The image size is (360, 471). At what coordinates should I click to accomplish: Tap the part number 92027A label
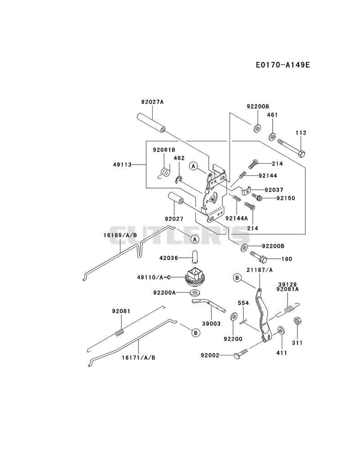(x=153, y=102)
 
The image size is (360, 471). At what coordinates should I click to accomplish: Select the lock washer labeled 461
(x=272, y=136)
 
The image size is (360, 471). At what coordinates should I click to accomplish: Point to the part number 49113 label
(x=122, y=165)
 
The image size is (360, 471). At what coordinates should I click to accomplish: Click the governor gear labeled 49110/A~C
(x=195, y=276)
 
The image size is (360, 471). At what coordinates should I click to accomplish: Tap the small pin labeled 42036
(x=195, y=257)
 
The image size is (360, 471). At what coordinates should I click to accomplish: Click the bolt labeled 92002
(x=240, y=354)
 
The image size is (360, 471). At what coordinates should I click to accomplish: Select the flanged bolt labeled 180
(x=259, y=257)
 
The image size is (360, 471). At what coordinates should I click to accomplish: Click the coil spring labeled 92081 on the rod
(x=120, y=333)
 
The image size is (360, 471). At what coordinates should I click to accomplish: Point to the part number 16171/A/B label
(x=139, y=358)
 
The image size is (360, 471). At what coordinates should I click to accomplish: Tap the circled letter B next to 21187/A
(x=237, y=278)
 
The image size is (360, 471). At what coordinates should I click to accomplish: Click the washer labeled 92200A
(x=195, y=292)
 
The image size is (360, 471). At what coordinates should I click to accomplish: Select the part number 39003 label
(x=211, y=323)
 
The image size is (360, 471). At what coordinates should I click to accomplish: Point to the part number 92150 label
(x=286, y=198)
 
